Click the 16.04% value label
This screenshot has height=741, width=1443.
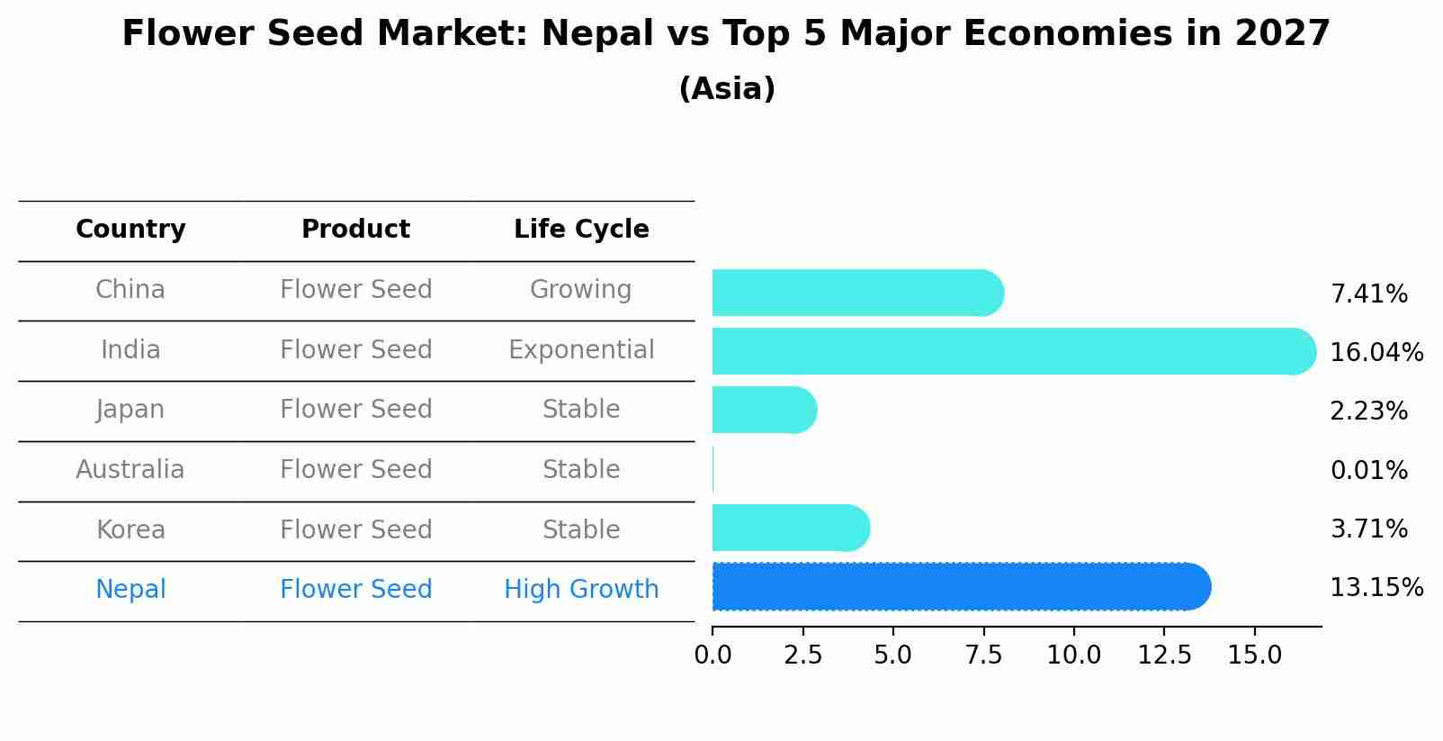click(1376, 352)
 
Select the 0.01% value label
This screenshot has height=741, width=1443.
click(1368, 470)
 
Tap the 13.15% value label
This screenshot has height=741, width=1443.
click(1376, 588)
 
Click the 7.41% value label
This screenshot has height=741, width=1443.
click(1368, 294)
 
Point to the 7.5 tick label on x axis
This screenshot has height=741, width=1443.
click(983, 655)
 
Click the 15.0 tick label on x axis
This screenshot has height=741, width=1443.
click(1254, 655)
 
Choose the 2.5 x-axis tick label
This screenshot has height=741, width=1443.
click(802, 655)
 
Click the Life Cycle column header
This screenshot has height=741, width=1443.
click(581, 230)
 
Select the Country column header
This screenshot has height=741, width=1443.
click(130, 230)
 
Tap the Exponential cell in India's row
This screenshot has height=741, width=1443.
click(581, 349)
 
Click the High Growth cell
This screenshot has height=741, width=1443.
click(581, 590)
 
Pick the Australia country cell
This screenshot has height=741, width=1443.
click(130, 470)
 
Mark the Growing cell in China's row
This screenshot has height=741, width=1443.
click(581, 290)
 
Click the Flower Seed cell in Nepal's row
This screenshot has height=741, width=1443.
click(356, 590)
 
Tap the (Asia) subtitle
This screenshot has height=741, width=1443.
click(727, 89)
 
